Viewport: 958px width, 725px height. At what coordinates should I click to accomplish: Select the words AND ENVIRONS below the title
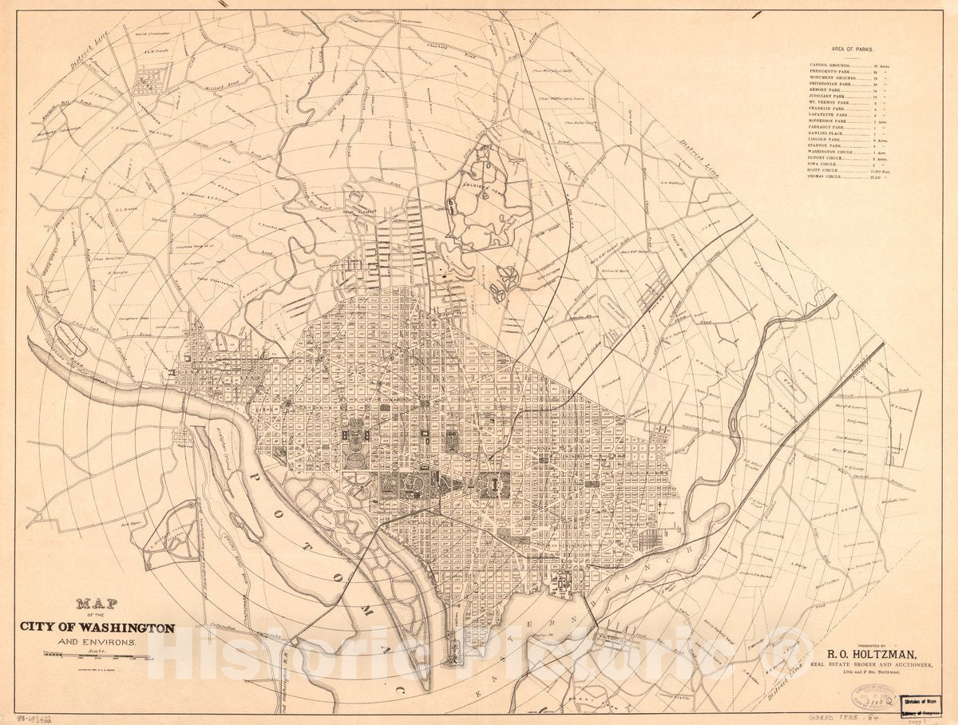(x=97, y=642)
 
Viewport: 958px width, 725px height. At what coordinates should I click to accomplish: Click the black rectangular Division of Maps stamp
(x=920, y=705)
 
